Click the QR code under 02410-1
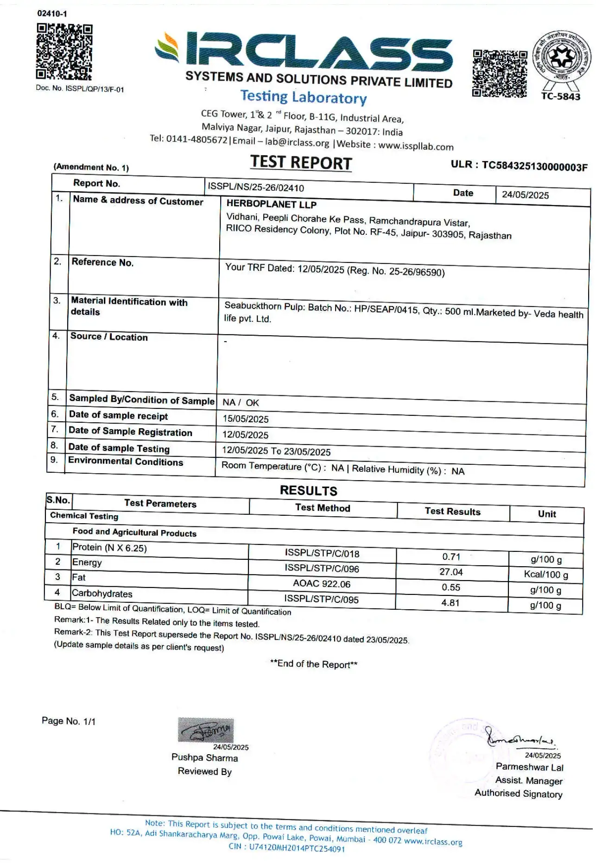click(64, 51)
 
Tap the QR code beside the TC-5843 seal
click(499, 74)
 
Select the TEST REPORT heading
click(301, 163)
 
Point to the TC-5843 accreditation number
click(561, 97)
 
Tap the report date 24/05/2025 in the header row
click(525, 195)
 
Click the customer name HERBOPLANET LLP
click(271, 204)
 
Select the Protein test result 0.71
click(451, 557)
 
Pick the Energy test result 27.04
click(451, 572)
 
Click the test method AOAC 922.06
click(322, 584)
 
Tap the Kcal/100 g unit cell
click(545, 575)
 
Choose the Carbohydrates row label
click(102, 594)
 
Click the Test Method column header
click(323, 508)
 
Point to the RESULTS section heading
click(308, 491)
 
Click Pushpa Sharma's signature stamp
click(206, 730)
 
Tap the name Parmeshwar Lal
click(529, 767)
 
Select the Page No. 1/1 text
click(69, 721)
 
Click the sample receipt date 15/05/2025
click(245, 419)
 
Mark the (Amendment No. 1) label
click(91, 167)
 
